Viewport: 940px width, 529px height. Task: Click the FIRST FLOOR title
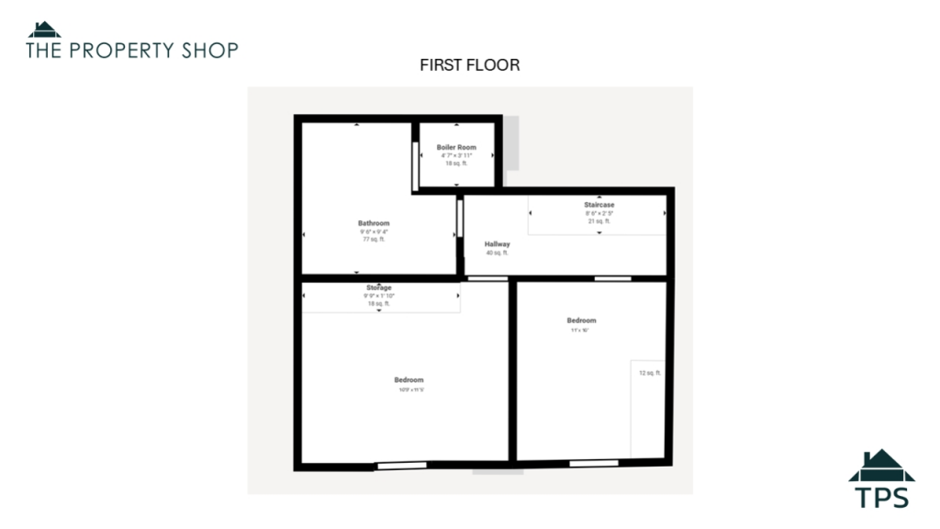[470, 65]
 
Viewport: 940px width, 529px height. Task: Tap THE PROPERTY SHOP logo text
[132, 50]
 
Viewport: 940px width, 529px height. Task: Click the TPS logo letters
[881, 497]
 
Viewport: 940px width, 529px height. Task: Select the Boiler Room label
[456, 147]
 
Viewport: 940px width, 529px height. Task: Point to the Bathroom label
[374, 223]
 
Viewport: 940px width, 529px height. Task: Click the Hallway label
[498, 244]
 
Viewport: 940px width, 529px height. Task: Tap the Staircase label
[599, 205]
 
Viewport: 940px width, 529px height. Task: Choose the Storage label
[379, 288]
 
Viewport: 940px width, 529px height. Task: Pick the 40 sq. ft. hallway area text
[498, 253]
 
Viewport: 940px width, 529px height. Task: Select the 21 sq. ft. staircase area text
[599, 221]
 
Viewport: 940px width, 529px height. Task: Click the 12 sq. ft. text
[650, 373]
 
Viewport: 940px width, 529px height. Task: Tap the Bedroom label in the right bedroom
[581, 321]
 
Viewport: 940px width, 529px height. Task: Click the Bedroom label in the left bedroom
[409, 380]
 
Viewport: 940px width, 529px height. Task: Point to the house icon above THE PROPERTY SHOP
[44, 29]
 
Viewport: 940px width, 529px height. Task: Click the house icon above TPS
[881, 466]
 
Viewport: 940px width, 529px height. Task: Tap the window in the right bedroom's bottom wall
[587, 464]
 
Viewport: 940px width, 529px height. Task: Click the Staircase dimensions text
[599, 213]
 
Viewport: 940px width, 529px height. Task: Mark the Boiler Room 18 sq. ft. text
[456, 163]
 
